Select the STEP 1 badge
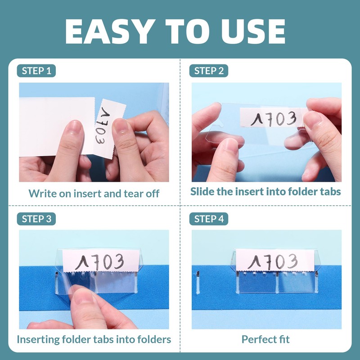[39, 71]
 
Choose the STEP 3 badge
[39, 219]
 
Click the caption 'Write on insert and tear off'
[94, 193]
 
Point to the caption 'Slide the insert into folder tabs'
[265, 191]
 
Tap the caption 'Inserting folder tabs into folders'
[94, 339]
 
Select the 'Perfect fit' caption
[265, 339]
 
